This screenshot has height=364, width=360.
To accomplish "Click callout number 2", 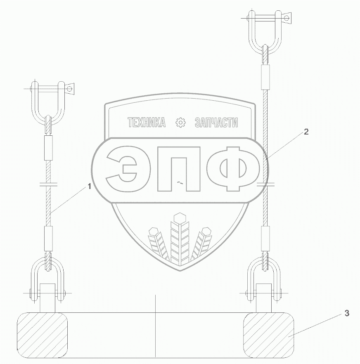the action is [306, 132].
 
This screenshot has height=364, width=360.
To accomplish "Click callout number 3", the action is [346, 313].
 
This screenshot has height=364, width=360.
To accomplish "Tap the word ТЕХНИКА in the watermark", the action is [147, 122].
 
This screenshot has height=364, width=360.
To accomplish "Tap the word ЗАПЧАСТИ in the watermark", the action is [216, 122].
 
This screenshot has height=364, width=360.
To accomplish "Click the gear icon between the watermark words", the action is [180, 122].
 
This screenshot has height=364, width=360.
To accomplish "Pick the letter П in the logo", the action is [179, 169].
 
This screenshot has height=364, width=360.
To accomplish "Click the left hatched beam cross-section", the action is [42, 335].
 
